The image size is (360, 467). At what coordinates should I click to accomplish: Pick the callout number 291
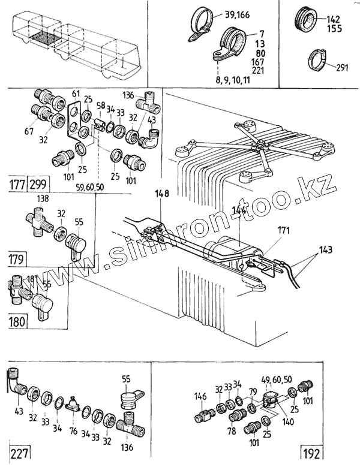(342, 67)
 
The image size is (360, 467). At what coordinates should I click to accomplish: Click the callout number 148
(162, 194)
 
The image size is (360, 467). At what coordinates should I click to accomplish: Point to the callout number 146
(200, 396)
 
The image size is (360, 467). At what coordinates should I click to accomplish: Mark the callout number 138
(43, 197)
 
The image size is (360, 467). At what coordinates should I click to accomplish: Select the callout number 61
(76, 94)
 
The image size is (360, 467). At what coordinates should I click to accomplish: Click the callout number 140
(288, 421)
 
